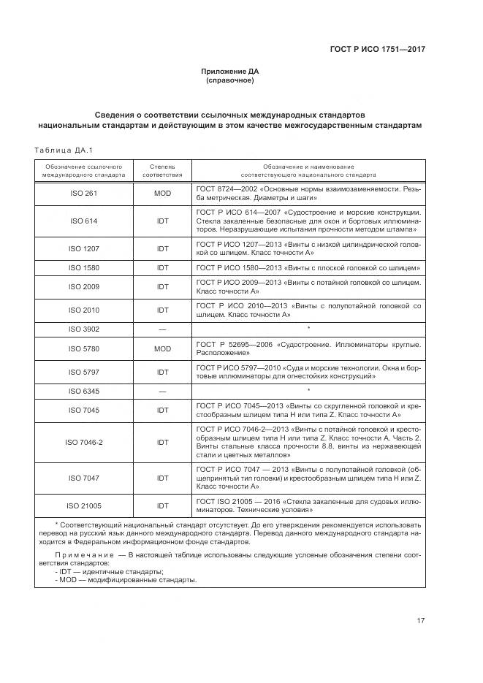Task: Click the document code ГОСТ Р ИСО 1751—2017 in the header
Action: (x=379, y=49)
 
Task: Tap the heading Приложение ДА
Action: (x=229, y=71)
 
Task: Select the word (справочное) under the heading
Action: (x=229, y=80)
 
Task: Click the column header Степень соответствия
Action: (x=162, y=171)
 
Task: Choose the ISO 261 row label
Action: (x=83, y=194)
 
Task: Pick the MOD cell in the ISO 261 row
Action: (x=162, y=194)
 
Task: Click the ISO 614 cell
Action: (x=83, y=221)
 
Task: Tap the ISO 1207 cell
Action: (x=83, y=248)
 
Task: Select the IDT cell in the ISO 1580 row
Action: (x=162, y=268)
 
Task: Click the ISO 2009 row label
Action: (x=83, y=287)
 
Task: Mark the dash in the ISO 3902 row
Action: (x=162, y=329)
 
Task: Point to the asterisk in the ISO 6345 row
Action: (x=308, y=391)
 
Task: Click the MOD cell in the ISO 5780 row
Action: (x=162, y=349)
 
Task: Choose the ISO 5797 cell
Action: (x=83, y=372)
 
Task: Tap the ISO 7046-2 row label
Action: (x=83, y=443)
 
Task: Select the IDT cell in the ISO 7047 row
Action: (x=162, y=478)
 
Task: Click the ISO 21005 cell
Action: (x=83, y=505)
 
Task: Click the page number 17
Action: (x=421, y=621)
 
